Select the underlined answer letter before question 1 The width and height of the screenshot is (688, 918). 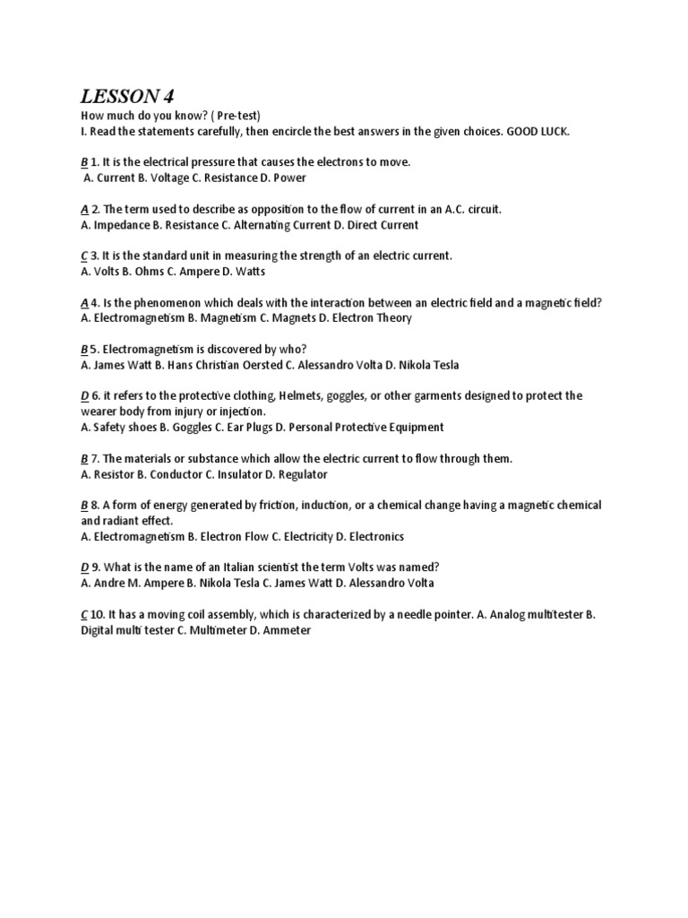(83, 162)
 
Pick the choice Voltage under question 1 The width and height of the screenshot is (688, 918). (171, 178)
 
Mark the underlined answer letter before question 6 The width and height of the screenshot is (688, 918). (84, 395)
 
